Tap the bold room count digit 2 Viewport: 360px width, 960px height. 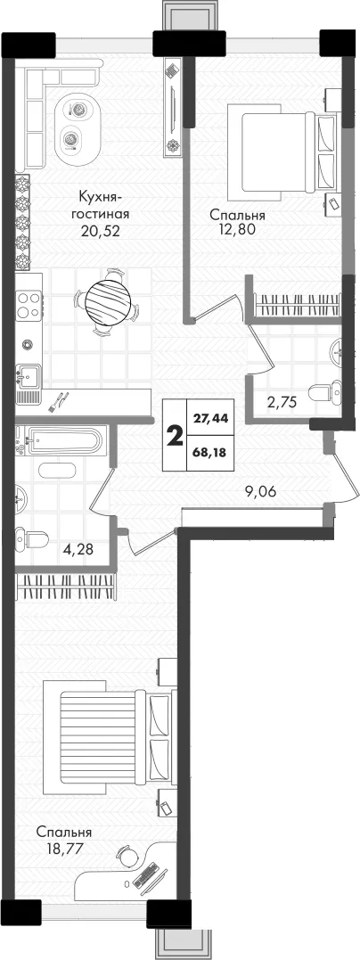(176, 437)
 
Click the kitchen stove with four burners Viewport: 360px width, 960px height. (29, 304)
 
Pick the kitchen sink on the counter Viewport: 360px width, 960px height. (29, 374)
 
